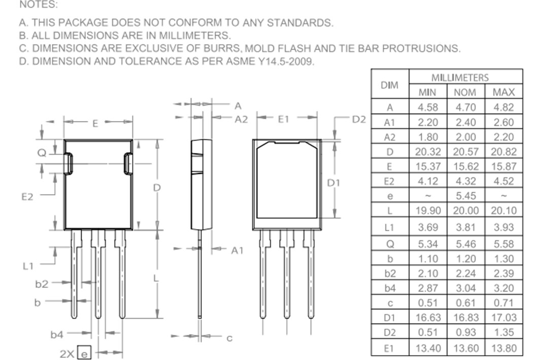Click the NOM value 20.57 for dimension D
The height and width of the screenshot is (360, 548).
pyautogui.click(x=465, y=152)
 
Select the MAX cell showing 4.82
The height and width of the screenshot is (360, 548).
pyautogui.click(x=503, y=107)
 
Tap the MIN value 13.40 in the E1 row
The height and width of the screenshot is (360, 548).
pyautogui.click(x=428, y=348)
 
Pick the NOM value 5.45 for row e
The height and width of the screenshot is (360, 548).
pyautogui.click(x=465, y=196)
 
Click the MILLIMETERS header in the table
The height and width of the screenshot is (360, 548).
pyautogui.click(x=460, y=78)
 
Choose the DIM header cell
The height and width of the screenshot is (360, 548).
pyautogui.click(x=389, y=85)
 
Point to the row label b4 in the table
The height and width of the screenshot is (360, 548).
pyautogui.click(x=389, y=288)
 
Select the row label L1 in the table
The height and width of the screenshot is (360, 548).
pyautogui.click(x=389, y=228)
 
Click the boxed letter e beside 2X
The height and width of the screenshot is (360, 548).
pyautogui.click(x=85, y=353)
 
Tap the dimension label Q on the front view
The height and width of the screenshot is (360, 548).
pyautogui.click(x=43, y=152)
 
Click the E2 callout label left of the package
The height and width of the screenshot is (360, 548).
pyautogui.click(x=27, y=197)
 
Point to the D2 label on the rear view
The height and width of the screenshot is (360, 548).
pyautogui.click(x=359, y=119)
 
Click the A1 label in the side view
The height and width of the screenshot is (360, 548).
pyautogui.click(x=237, y=250)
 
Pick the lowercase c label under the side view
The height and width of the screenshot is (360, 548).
pyautogui.click(x=229, y=338)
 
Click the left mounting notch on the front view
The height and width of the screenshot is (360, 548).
pyautogui.click(x=68, y=164)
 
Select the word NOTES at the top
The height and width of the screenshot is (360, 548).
pyautogui.click(x=39, y=5)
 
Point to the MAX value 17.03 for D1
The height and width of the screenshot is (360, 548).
pyautogui.click(x=503, y=317)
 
